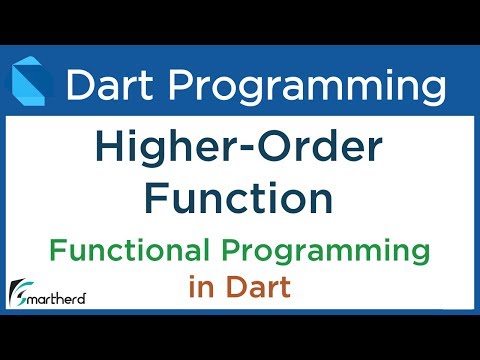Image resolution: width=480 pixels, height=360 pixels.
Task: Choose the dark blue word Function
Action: (x=239, y=198)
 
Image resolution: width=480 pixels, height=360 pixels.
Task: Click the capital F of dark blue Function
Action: (x=157, y=198)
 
